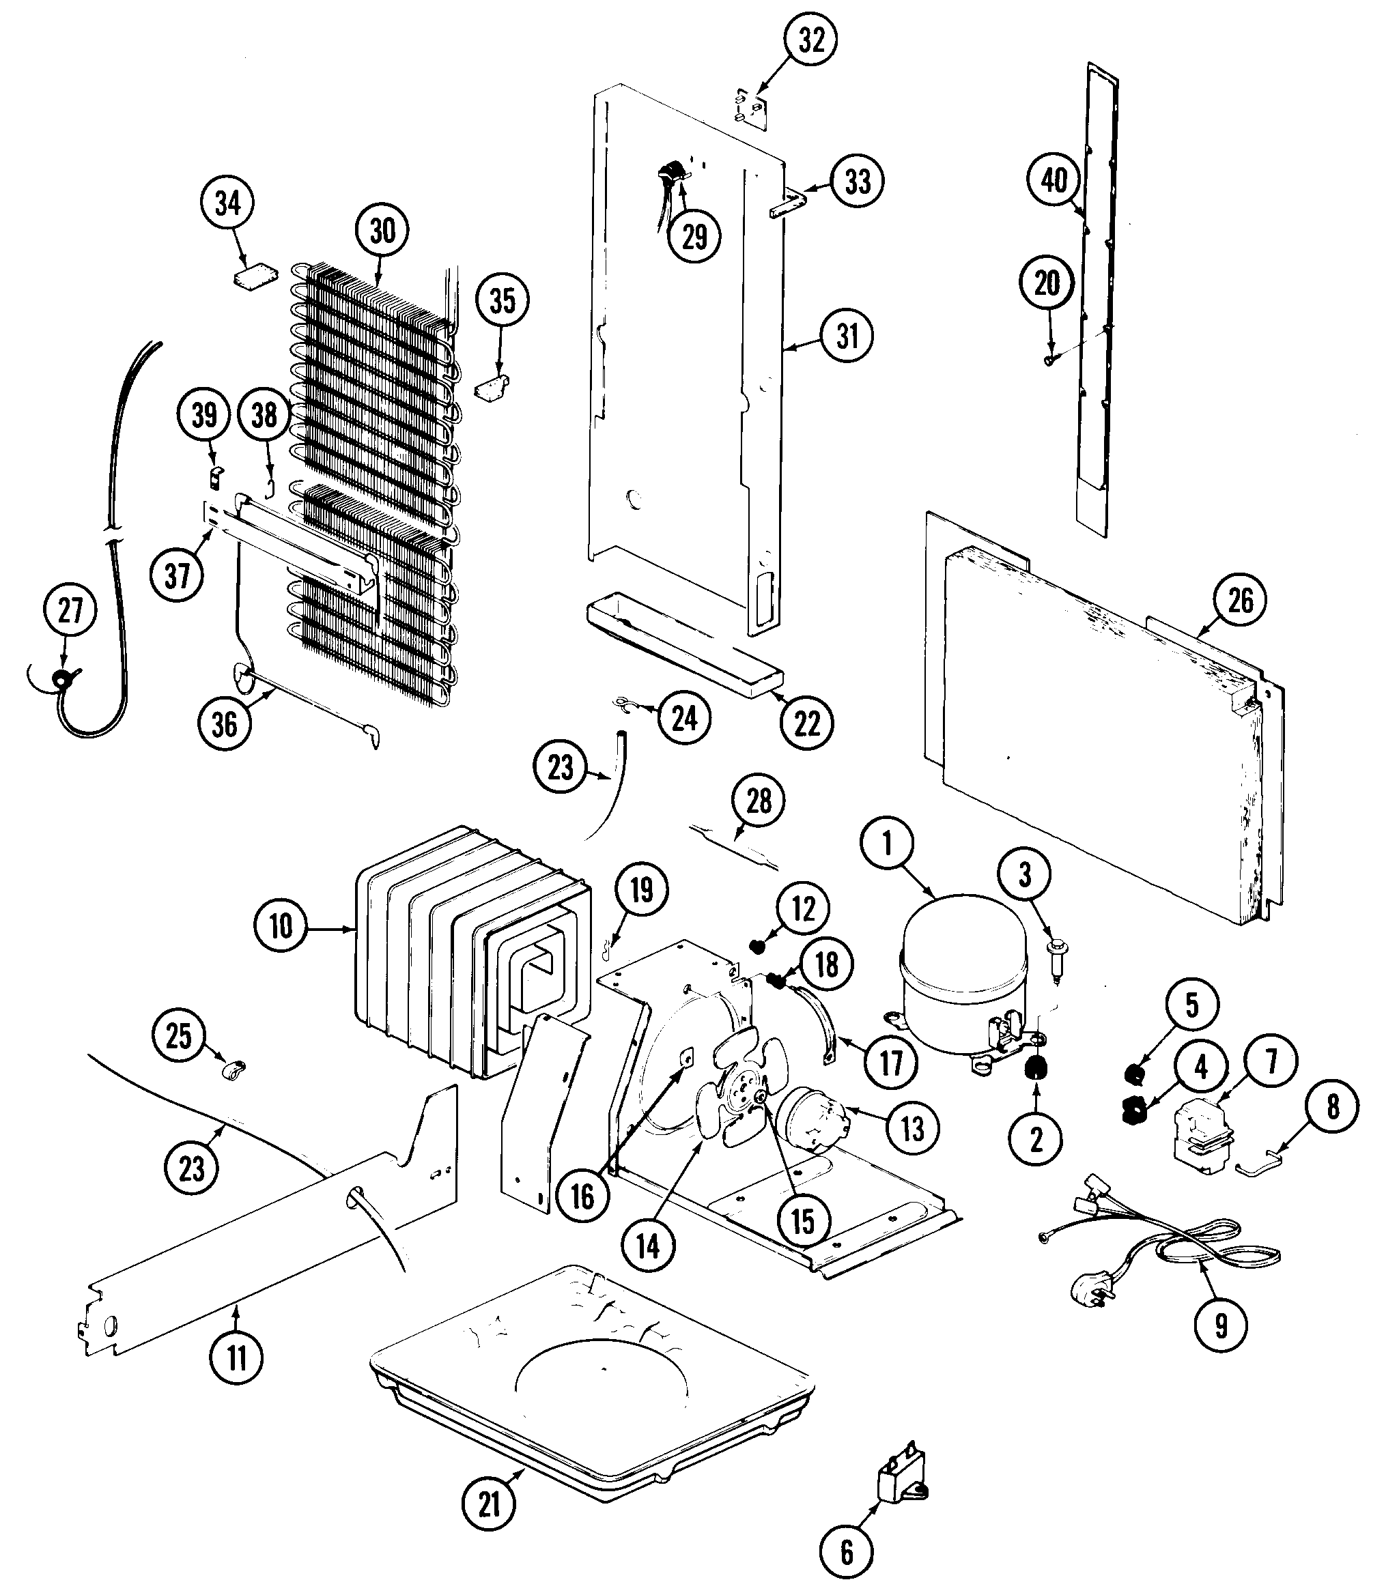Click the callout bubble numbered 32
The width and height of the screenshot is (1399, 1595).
pos(811,40)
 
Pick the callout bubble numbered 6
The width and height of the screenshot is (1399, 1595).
pos(847,1553)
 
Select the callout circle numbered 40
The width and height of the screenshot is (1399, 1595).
pos(1054,180)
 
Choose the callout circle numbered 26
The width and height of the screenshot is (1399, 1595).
pos(1240,601)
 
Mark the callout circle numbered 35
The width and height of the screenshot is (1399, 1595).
pos(502,300)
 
